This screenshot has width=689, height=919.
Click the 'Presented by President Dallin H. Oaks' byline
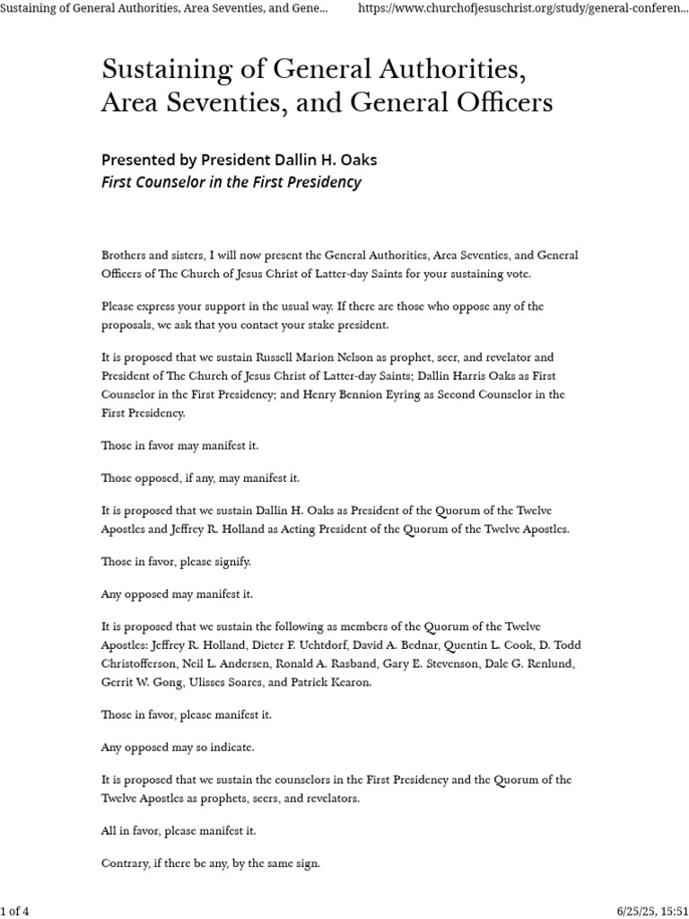[239, 160]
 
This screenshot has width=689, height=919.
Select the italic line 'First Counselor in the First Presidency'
[231, 182]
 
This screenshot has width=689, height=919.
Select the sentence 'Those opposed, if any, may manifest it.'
[200, 478]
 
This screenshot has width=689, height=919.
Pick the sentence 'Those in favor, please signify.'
[176, 562]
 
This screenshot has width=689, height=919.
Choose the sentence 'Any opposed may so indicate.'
[178, 748]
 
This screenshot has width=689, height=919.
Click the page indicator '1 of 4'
[15, 912]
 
